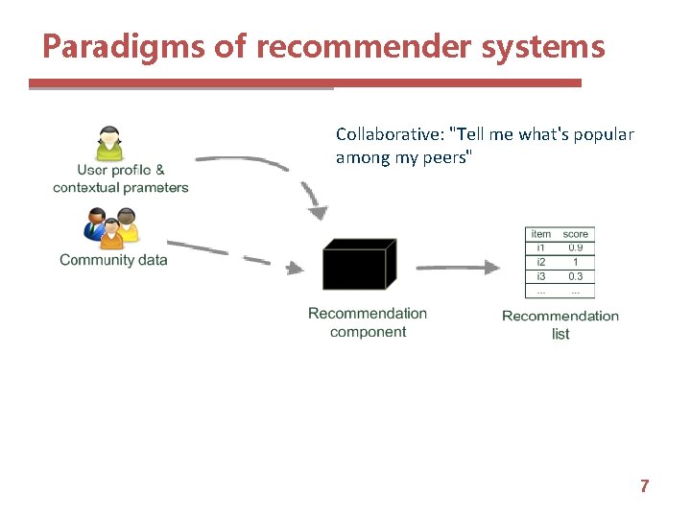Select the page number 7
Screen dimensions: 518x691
click(644, 486)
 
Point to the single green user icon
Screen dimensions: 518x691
click(110, 143)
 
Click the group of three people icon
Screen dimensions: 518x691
click(112, 228)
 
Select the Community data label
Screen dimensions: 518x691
click(113, 260)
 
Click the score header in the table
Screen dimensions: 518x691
click(576, 234)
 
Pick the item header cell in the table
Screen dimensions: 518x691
click(541, 234)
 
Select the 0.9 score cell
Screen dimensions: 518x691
click(576, 247)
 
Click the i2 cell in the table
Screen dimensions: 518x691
click(541, 262)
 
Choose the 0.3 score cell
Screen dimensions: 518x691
click(576, 276)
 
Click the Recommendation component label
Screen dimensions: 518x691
click(368, 322)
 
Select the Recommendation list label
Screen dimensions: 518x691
click(560, 324)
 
